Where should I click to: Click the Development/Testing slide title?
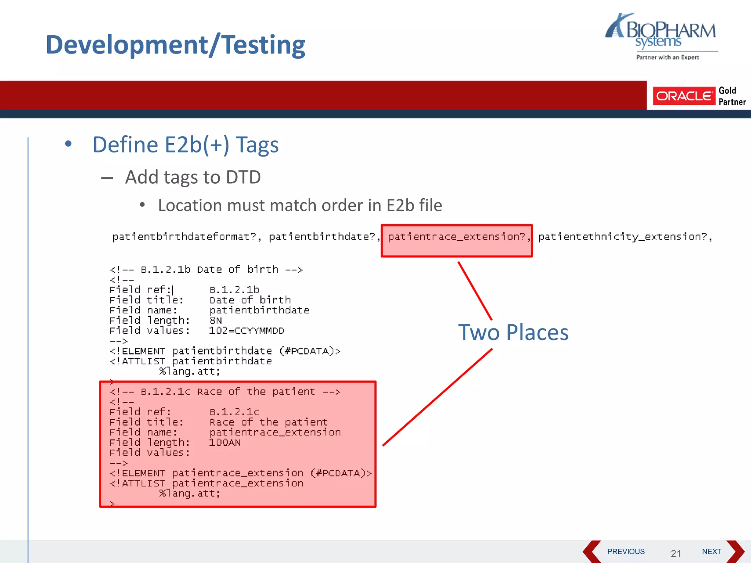tap(175, 45)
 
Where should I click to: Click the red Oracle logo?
tap(684, 96)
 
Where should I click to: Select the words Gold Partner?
tap(732, 96)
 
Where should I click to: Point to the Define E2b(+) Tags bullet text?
tap(186, 144)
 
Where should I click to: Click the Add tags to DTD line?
tap(193, 177)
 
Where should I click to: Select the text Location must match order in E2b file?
tap(300, 205)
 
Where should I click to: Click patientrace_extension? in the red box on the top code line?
tap(457, 237)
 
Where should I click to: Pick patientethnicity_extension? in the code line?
tap(624, 237)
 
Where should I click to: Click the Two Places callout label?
tap(513, 332)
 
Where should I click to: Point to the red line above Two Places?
tap(475, 291)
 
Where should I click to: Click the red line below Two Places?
tap(437, 397)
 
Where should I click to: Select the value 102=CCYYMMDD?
tap(247, 331)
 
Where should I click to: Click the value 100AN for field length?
tap(225, 443)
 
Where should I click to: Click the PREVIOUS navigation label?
tap(626, 552)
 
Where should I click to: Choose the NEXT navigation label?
tap(711, 552)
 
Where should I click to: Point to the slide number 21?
tap(676, 553)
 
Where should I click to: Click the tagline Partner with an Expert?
tap(667, 57)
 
